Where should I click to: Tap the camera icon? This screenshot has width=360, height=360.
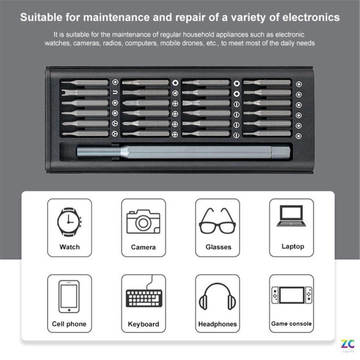[143, 221]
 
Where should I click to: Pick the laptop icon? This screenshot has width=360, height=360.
[292, 216]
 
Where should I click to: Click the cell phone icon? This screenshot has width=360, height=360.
[69, 296]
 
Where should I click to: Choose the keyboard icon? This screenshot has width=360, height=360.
[143, 296]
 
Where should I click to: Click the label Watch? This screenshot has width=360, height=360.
[69, 246]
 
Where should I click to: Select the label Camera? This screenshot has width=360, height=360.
[143, 247]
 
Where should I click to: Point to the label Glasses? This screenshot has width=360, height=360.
[218, 247]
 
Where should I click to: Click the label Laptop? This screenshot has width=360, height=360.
[292, 246]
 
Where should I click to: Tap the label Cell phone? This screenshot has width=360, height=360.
[69, 324]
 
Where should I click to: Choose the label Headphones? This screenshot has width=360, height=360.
[217, 324]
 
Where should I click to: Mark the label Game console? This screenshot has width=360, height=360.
[291, 323]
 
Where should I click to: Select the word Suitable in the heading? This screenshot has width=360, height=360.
[41, 17]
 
